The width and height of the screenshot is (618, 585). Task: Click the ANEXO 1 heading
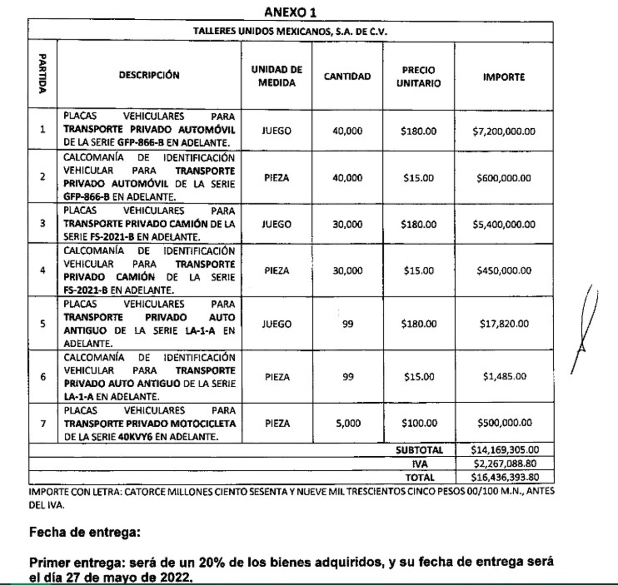click(x=290, y=12)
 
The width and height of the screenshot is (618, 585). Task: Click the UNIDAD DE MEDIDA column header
click(x=276, y=76)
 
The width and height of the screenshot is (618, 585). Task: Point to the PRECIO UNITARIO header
click(x=418, y=77)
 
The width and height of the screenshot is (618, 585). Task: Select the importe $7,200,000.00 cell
click(x=504, y=131)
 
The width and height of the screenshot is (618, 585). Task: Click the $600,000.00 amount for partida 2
click(x=504, y=178)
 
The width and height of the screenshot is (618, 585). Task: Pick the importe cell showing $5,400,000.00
click(x=504, y=224)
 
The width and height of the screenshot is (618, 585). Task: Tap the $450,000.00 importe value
click(x=504, y=271)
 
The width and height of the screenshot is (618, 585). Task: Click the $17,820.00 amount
click(x=504, y=324)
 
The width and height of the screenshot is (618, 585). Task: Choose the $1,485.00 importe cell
click(x=504, y=376)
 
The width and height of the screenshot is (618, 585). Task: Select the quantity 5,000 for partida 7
click(x=348, y=423)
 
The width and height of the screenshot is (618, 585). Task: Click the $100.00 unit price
click(x=419, y=423)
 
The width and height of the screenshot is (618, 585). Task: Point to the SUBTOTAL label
click(x=419, y=450)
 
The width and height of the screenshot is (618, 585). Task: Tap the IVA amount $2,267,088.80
click(x=505, y=464)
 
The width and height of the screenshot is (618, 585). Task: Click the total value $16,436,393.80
click(x=505, y=477)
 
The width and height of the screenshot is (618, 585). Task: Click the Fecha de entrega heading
click(x=85, y=532)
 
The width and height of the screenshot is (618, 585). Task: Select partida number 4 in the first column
click(x=42, y=271)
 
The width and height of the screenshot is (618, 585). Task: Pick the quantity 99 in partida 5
click(x=348, y=324)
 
